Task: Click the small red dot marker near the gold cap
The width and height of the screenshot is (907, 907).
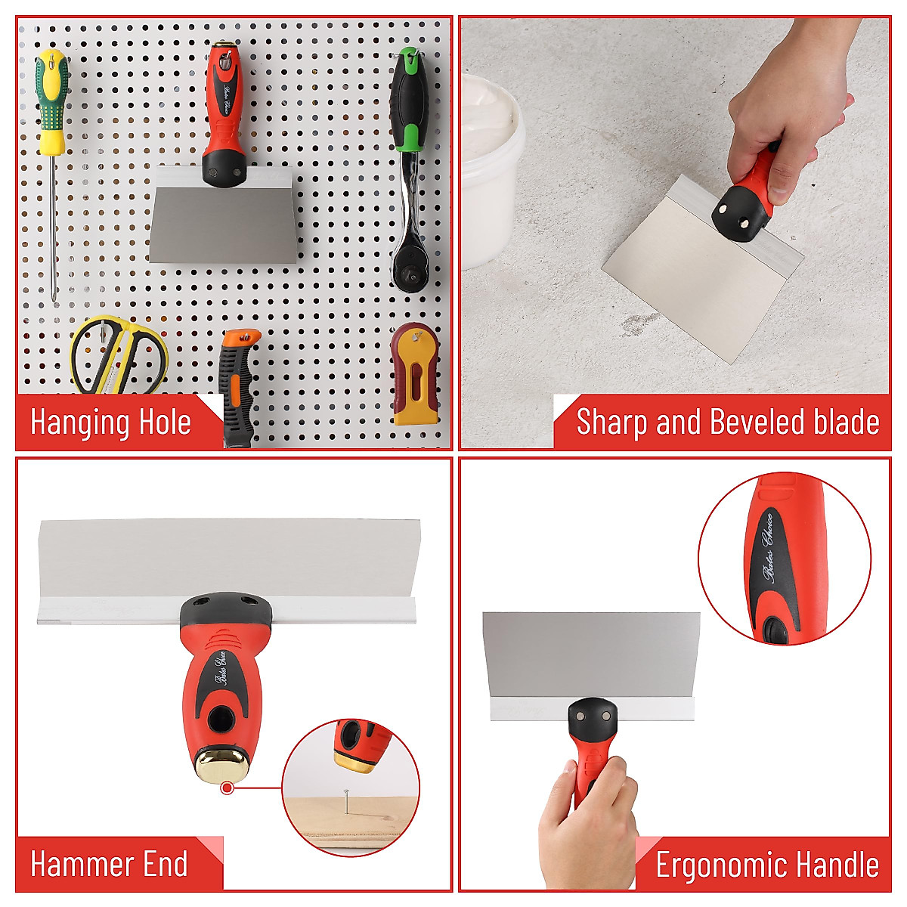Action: pyautogui.click(x=226, y=788)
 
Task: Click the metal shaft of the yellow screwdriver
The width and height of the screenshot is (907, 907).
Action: pyautogui.click(x=52, y=227)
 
